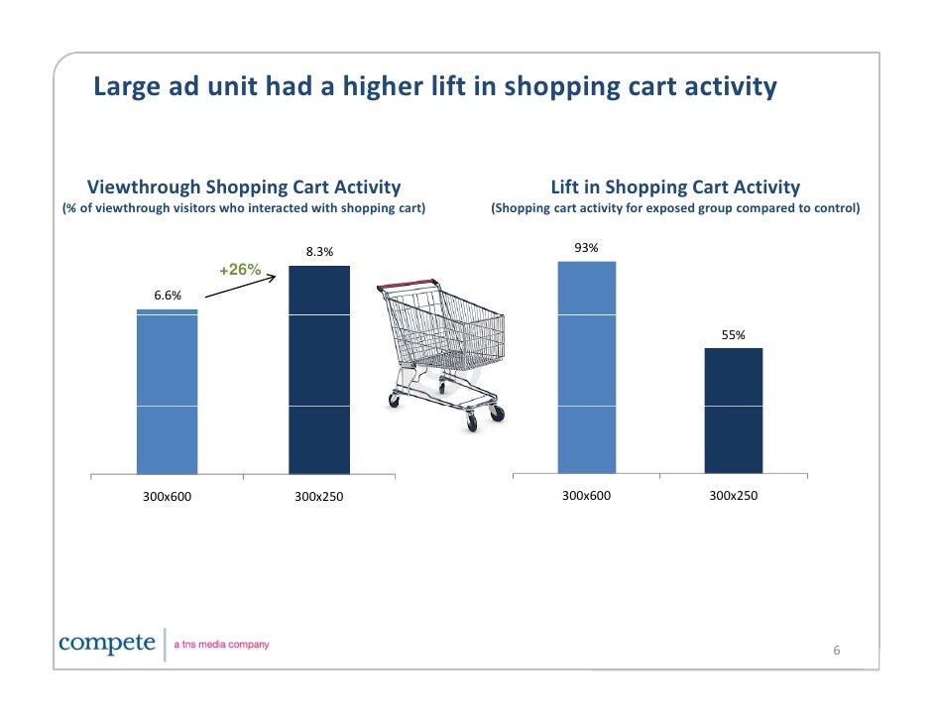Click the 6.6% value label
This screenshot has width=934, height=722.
click(x=167, y=296)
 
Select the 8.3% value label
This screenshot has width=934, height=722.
click(x=319, y=252)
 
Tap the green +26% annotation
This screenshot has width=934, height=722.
click(x=240, y=270)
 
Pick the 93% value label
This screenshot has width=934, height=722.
click(x=587, y=248)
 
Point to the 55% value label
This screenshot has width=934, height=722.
click(x=734, y=335)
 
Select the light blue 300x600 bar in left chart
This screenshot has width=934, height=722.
click(x=167, y=392)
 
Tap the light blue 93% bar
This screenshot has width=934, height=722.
click(x=587, y=367)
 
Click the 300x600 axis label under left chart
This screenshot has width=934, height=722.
click(x=167, y=496)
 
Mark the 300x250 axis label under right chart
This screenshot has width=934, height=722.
click(x=734, y=494)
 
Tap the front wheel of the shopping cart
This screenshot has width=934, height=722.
click(x=472, y=423)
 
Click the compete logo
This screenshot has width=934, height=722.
click(x=107, y=644)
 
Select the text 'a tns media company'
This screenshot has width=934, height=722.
click(x=221, y=646)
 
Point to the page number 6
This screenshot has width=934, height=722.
click(x=836, y=651)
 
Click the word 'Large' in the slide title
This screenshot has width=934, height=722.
click(x=122, y=87)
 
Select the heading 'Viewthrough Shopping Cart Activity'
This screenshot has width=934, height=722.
click(x=244, y=186)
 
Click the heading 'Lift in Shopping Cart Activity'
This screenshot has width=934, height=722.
click(x=675, y=186)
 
